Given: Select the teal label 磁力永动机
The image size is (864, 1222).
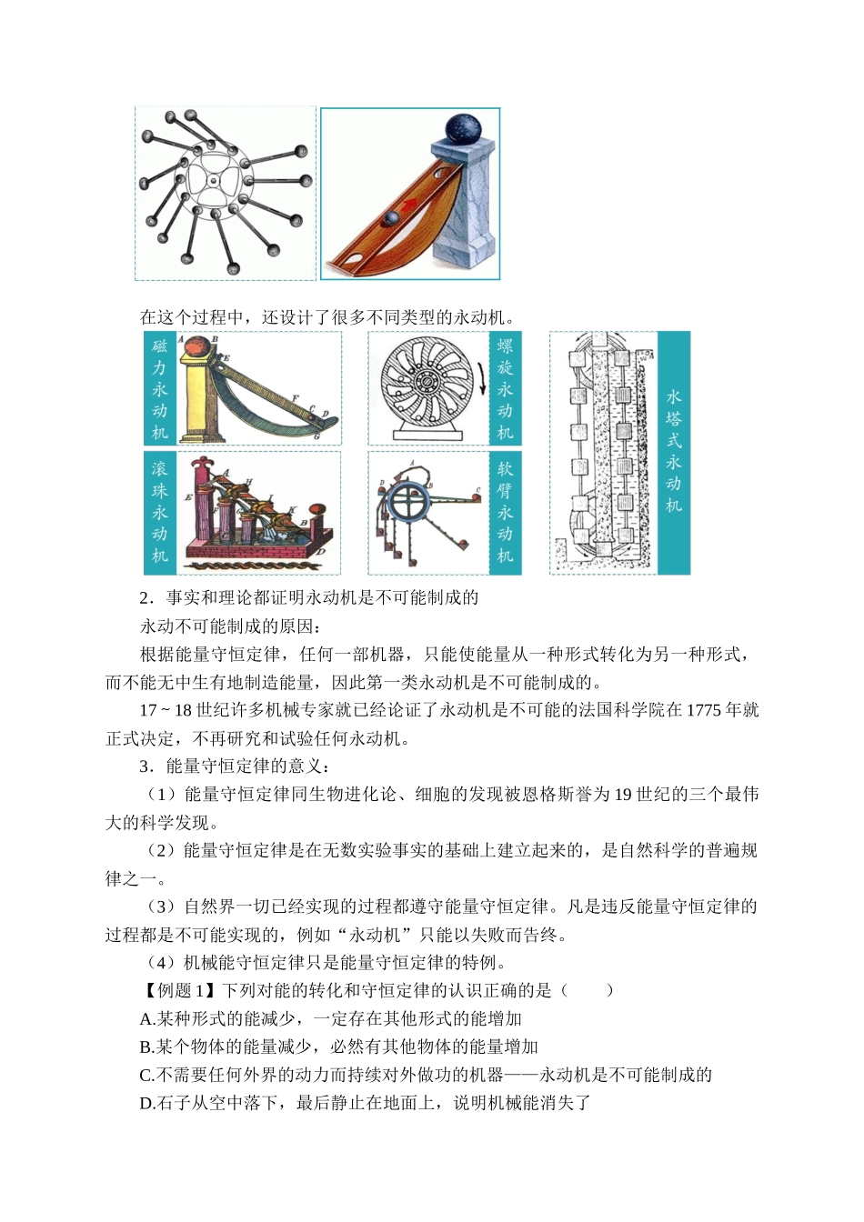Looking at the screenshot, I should click(x=160, y=388).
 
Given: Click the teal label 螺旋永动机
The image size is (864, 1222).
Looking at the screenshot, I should click(x=505, y=388).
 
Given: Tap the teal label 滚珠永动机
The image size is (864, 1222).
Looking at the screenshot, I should click(x=160, y=513).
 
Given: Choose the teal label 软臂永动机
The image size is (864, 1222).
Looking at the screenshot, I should click(x=505, y=513).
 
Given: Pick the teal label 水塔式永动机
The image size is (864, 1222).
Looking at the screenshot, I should click(x=673, y=452).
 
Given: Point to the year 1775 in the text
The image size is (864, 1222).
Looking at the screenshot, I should click(x=703, y=710).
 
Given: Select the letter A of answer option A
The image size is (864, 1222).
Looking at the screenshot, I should click(x=146, y=1018).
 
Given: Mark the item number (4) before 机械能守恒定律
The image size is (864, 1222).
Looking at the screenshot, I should click(x=164, y=962).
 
